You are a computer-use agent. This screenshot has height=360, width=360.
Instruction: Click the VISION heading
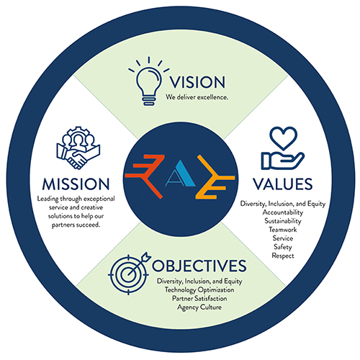point(197,82)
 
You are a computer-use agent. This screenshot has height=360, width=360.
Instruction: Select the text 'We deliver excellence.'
point(197,97)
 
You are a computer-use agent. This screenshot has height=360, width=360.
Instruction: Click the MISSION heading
point(76,184)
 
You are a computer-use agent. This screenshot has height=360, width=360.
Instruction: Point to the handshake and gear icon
point(78,148)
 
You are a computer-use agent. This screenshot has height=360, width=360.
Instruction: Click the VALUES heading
point(283,184)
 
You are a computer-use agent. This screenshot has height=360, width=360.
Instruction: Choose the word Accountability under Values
point(283,212)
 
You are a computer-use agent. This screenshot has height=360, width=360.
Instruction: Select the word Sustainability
point(283,221)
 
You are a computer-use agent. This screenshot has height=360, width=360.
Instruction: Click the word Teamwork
point(283,230)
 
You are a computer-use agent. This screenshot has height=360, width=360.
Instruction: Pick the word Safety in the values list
point(283,247)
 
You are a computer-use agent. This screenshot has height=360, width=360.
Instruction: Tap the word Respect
point(283,256)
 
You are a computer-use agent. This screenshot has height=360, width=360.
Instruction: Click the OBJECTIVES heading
point(199,266)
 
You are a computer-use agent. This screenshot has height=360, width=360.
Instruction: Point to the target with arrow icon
point(129,274)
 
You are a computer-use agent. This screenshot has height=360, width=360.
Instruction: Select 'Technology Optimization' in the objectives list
point(199,290)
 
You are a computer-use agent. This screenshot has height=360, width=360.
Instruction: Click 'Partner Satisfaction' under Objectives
point(199,299)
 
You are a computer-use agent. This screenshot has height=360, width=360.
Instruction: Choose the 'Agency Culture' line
point(199,307)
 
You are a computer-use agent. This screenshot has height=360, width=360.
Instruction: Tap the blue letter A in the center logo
point(181,174)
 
